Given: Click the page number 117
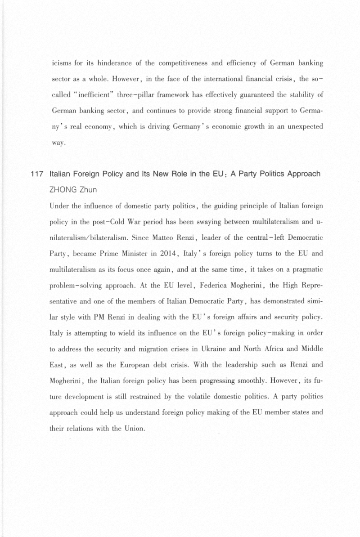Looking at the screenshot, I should click(37, 174).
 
